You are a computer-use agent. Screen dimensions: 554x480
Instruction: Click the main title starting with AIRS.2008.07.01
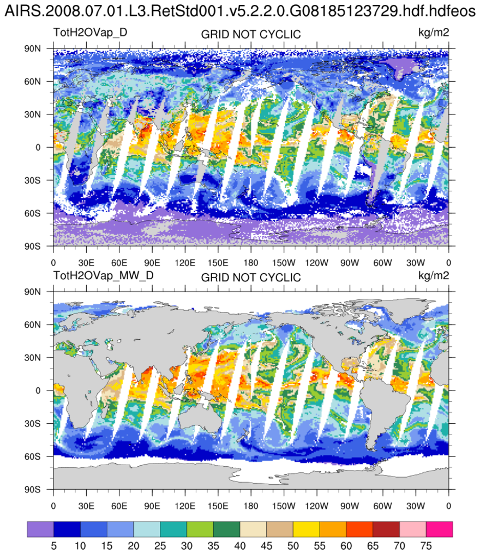click(x=239, y=11)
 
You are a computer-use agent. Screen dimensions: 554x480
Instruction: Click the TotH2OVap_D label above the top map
click(x=91, y=32)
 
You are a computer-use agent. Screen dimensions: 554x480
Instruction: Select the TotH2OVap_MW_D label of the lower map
click(x=103, y=275)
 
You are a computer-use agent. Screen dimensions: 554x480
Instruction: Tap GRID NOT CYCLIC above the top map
click(x=251, y=35)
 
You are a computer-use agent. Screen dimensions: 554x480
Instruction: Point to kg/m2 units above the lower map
click(x=434, y=275)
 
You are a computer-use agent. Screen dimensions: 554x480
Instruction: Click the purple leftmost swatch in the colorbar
click(x=40, y=529)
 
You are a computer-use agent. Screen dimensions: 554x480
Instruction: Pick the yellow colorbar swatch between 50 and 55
click(x=307, y=529)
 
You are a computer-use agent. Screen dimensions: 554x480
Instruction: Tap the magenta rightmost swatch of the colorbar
click(x=440, y=529)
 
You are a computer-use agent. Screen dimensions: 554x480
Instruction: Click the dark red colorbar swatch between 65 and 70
click(x=386, y=529)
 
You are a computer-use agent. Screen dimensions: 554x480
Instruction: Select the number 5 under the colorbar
click(x=53, y=545)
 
